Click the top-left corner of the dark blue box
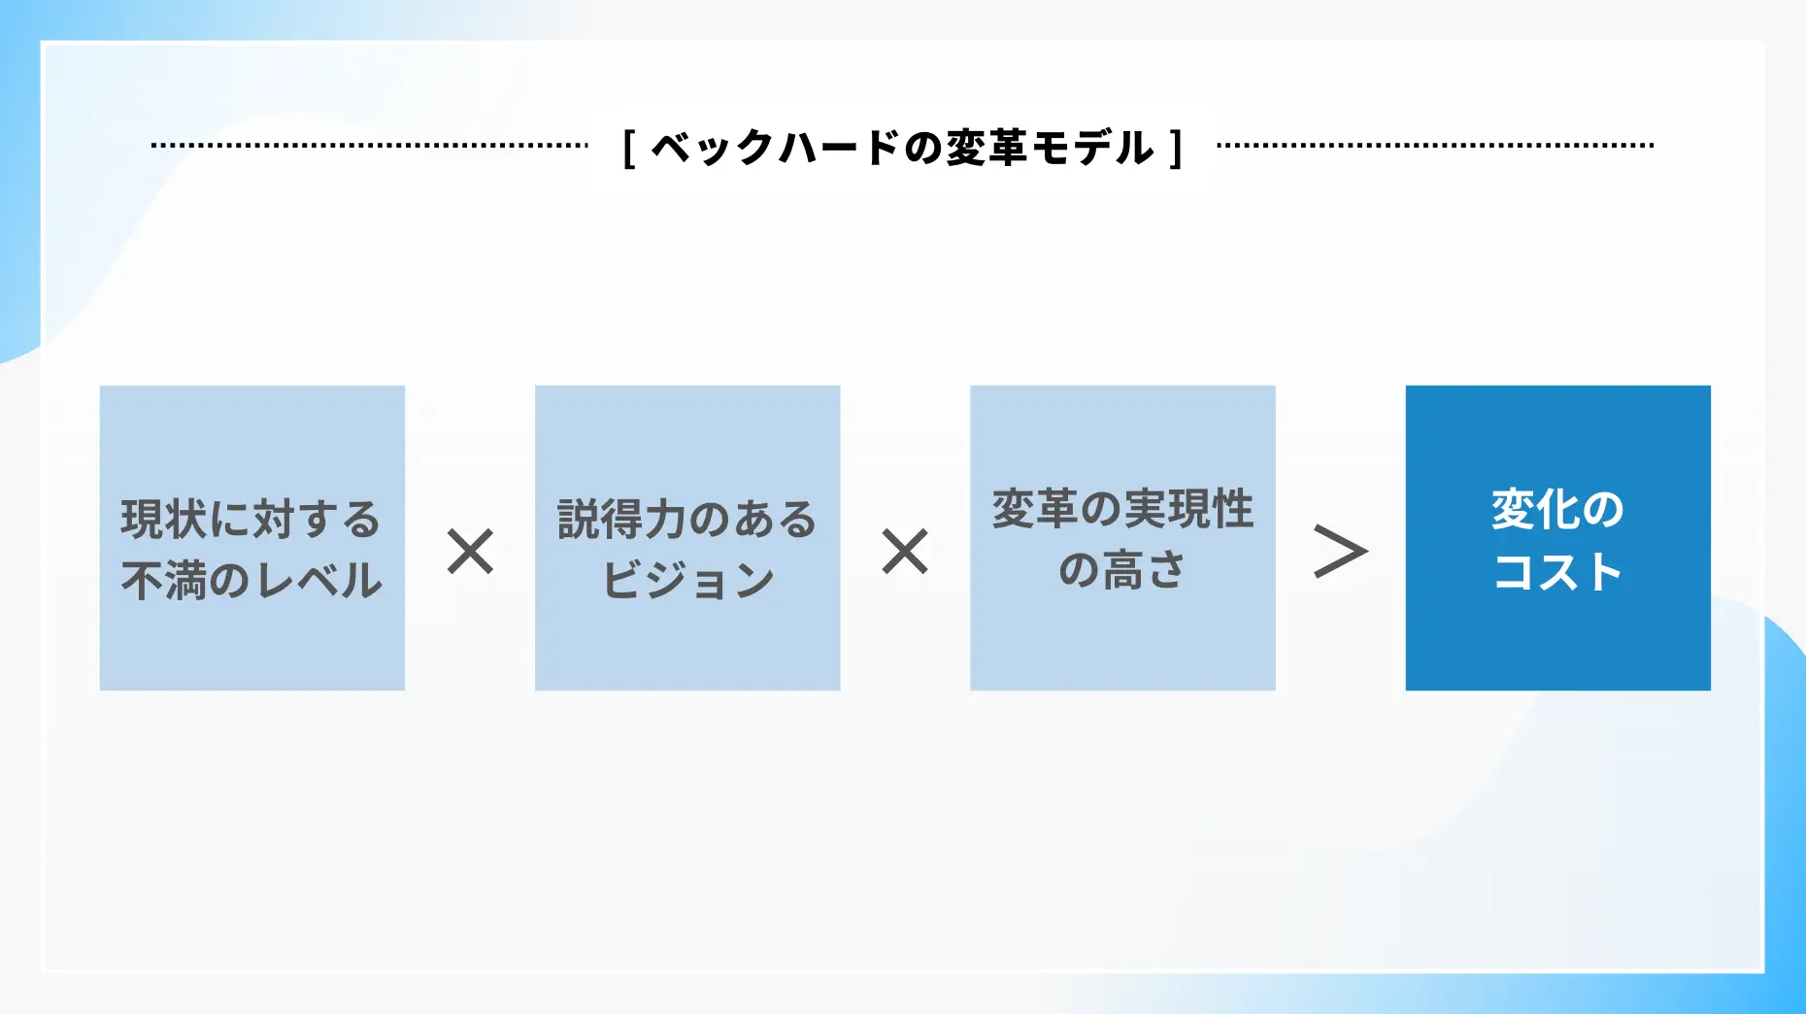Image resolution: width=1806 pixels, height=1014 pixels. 1406,386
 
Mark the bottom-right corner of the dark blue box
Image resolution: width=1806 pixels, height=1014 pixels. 1711,691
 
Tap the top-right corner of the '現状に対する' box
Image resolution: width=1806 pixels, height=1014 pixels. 405,386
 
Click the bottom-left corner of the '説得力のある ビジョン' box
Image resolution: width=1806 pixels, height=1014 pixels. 535,691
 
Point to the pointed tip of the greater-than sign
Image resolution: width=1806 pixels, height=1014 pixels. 1367,552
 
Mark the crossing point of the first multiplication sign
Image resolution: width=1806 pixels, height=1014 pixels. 471,552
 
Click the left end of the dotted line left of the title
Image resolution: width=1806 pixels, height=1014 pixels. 152,146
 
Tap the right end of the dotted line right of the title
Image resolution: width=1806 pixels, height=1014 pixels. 1653,146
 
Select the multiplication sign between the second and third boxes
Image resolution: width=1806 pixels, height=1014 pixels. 905,552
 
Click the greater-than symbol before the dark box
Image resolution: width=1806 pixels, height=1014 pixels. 1341,552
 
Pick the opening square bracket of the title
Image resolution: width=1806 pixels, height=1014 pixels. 629,149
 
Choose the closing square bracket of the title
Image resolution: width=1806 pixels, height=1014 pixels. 1176,149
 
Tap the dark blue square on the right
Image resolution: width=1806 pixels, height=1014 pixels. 1558,538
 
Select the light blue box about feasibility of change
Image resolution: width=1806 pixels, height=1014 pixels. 1122,538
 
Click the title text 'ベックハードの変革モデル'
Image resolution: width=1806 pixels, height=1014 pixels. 903,149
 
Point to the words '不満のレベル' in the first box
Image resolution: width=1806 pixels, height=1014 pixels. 252,581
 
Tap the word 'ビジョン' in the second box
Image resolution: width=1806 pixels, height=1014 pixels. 687,581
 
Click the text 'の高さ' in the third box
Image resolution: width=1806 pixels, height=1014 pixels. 1122,570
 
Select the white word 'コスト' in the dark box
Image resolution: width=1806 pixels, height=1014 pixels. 1558,571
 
